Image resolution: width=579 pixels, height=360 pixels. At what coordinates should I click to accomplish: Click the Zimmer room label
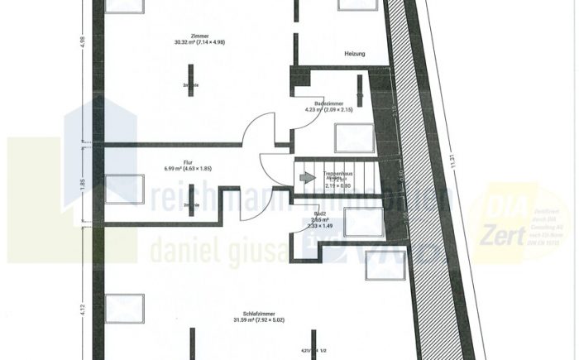(x=198, y=36)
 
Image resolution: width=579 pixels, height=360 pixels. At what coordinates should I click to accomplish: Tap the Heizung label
(x=355, y=55)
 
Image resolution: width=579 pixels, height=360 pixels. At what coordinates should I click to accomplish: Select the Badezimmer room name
(x=330, y=103)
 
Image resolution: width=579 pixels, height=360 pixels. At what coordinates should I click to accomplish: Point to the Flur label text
(x=188, y=162)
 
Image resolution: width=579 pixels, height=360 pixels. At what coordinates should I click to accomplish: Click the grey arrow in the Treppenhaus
(x=307, y=177)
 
